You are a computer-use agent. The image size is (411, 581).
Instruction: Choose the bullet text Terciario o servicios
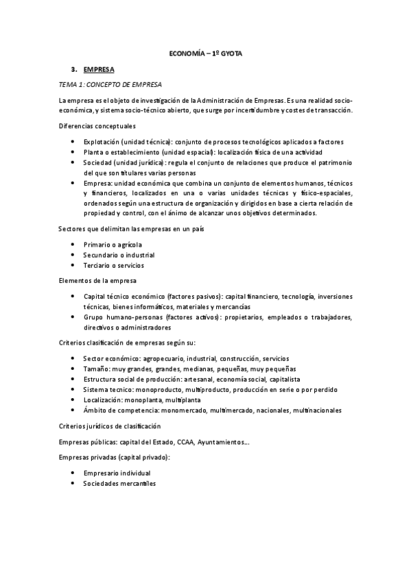click(x=113, y=265)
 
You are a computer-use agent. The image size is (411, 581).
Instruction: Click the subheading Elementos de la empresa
click(x=97, y=281)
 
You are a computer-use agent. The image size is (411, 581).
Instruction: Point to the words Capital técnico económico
click(x=126, y=296)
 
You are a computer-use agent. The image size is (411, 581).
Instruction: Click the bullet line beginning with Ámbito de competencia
click(x=212, y=410)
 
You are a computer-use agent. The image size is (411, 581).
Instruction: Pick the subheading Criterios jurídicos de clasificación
click(x=114, y=425)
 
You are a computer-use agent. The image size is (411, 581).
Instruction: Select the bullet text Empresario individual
click(x=117, y=473)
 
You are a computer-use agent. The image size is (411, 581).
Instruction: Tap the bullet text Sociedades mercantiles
click(x=119, y=484)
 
